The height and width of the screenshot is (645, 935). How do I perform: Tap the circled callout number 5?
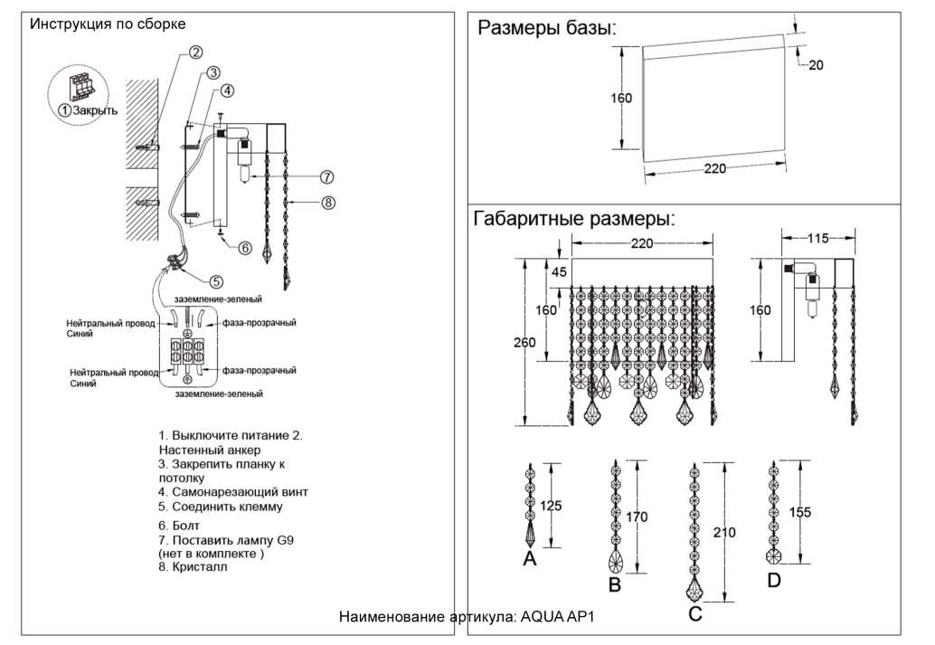click(216, 281)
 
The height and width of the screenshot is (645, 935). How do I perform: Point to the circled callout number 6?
click(244, 247)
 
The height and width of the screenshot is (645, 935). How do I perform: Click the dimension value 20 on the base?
click(816, 65)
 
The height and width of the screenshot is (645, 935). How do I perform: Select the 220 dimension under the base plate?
click(714, 168)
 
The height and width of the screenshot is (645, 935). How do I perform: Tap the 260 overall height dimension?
click(524, 343)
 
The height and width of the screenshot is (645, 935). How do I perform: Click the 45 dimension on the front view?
click(560, 271)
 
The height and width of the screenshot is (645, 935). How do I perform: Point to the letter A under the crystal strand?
click(530, 559)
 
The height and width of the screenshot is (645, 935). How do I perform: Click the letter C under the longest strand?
click(694, 615)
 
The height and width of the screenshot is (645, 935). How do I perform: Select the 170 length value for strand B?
click(637, 517)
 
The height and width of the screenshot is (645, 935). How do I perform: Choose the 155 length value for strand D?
click(799, 512)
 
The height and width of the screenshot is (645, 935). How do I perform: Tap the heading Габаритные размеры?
click(574, 218)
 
